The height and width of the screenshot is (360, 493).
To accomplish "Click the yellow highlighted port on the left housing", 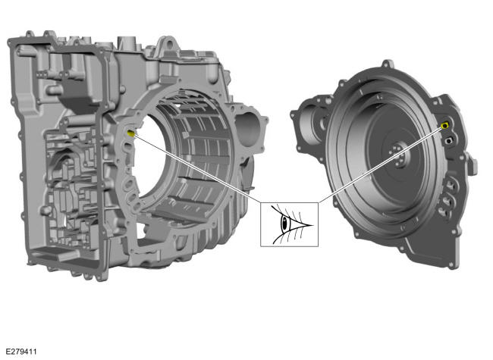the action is click(130, 133).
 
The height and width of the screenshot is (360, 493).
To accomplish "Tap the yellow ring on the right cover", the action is click(444, 126).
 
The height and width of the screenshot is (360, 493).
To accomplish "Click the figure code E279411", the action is click(21, 352).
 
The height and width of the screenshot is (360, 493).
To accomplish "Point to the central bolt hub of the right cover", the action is click(397, 154).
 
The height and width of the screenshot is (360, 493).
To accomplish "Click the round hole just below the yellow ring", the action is click(447, 140).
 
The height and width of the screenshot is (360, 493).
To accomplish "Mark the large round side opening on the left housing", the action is click(248, 129).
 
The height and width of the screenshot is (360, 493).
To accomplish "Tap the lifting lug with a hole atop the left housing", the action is click(169, 44).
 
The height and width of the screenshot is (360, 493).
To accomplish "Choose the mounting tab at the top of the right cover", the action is click(388, 64).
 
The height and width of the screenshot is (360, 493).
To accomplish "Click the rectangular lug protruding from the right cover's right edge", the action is click(472, 164).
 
